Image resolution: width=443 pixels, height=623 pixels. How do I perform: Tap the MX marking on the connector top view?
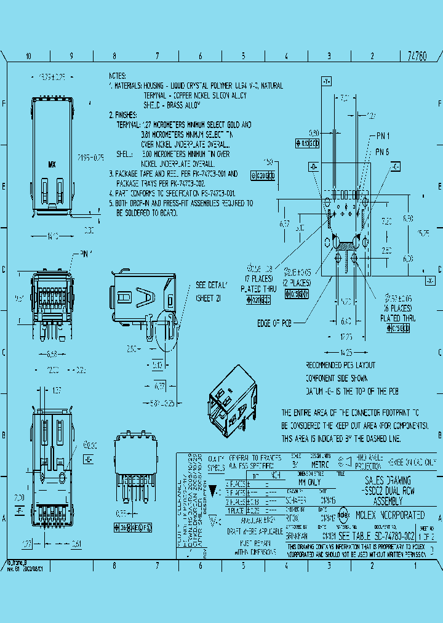tap(52, 164)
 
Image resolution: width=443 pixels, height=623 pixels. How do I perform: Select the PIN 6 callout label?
tap(382, 151)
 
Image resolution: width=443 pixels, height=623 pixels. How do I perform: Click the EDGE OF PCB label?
tap(274, 322)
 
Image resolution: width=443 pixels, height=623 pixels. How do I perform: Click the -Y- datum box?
tap(326, 81)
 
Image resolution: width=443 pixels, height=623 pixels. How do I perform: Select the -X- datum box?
tap(430, 281)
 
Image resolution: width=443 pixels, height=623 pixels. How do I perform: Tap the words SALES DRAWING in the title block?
tap(388, 480)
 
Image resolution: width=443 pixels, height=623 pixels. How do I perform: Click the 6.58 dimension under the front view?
tap(52, 354)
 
